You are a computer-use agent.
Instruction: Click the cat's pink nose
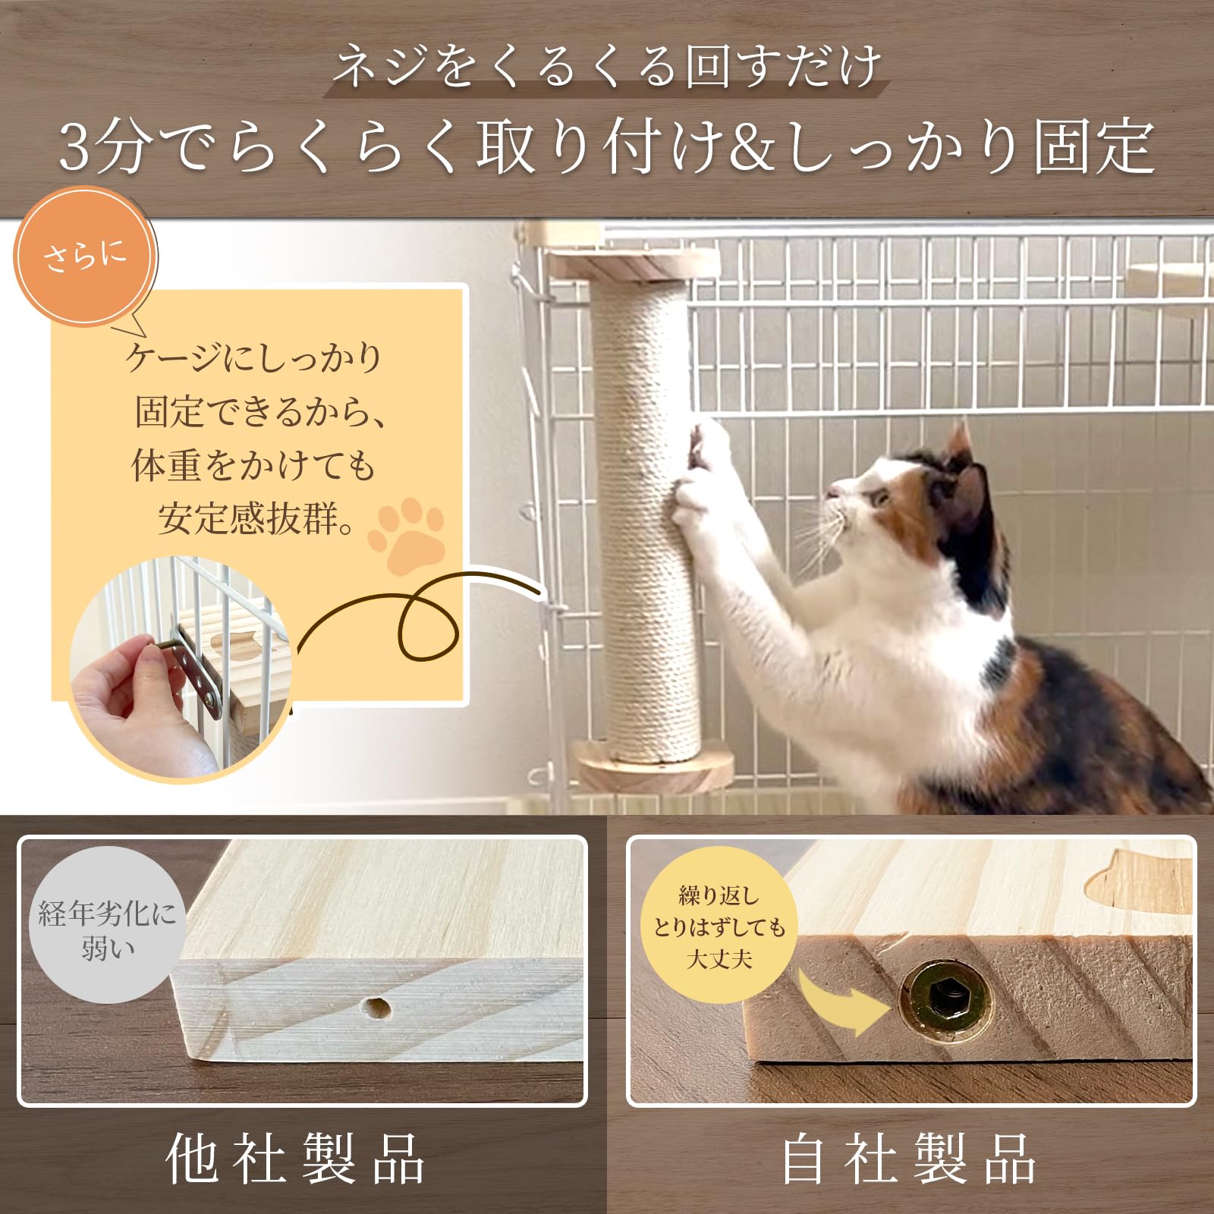pyautogui.click(x=833, y=492)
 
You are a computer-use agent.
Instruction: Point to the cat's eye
pyautogui.click(x=880, y=498)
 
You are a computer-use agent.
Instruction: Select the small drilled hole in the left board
pyautogui.click(x=375, y=1008)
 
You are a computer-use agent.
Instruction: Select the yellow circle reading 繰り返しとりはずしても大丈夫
pyautogui.click(x=719, y=926)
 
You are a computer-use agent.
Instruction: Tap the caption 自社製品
pyautogui.click(x=908, y=1159)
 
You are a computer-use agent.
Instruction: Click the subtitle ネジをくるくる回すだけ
pyautogui.click(x=607, y=67)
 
